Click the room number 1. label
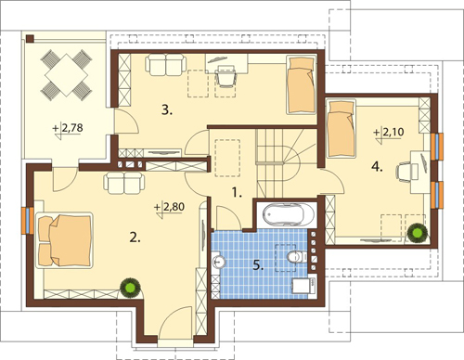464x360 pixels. [237, 193]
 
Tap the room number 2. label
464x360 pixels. [135, 238]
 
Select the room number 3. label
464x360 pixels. [167, 110]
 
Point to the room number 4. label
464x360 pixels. [377, 167]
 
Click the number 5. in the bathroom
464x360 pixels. [258, 265]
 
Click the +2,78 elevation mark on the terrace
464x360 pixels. [68, 129]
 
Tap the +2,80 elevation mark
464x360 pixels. [170, 208]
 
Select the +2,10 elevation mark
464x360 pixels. [389, 134]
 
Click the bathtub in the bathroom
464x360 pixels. [289, 214]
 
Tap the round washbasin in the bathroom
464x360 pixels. [219, 263]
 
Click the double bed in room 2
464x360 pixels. [65, 239]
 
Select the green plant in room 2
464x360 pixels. [130, 289]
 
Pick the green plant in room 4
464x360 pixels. [418, 233]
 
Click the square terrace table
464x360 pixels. [66, 74]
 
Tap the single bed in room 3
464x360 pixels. [302, 84]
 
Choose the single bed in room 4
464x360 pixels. [342, 128]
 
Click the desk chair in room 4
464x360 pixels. [406, 171]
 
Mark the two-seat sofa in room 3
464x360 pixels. [165, 65]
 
